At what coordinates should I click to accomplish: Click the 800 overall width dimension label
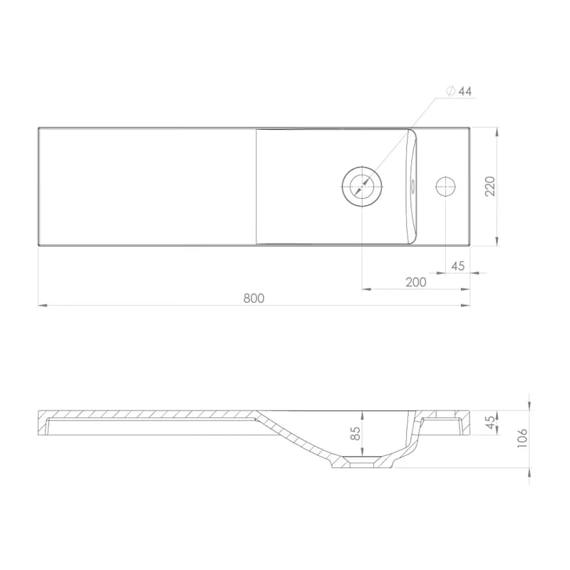point(254,298)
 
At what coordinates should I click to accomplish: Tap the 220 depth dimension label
point(490,186)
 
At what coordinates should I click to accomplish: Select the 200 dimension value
point(416,282)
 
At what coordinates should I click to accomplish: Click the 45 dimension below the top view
point(457,266)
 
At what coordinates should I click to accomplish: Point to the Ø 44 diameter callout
point(459,91)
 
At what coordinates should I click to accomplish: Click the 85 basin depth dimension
point(356,433)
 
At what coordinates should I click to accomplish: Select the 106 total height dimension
point(522,437)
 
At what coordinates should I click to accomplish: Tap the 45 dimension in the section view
point(490,423)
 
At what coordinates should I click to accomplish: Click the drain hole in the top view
point(362,187)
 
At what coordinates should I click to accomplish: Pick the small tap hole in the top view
point(446,187)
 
